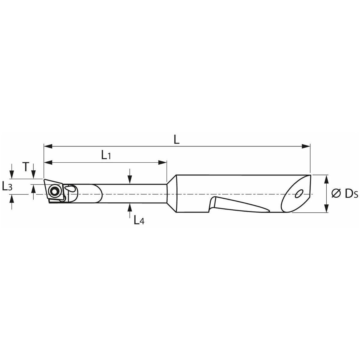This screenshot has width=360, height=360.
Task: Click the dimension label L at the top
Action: pyautogui.click(x=176, y=139)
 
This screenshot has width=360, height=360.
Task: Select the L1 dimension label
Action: pyautogui.click(x=106, y=155)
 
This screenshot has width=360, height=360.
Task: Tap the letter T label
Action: pyautogui.click(x=26, y=167)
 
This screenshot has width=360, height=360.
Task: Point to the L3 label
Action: pyautogui.click(x=7, y=186)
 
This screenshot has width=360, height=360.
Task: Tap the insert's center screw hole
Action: pyautogui.click(x=54, y=191)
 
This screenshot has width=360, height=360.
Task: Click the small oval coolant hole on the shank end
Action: pyautogui.click(x=299, y=193)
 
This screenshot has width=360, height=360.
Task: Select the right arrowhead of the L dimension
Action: pyautogui.click(x=306, y=146)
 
